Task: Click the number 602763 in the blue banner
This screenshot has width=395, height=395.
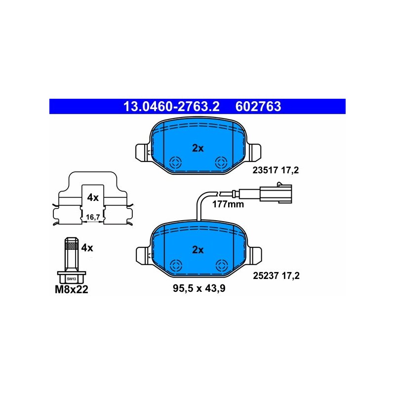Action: pyautogui.click(x=259, y=106)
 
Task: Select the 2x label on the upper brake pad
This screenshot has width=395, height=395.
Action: pyautogui.click(x=197, y=148)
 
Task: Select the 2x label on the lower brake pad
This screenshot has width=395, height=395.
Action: pyautogui.click(x=197, y=250)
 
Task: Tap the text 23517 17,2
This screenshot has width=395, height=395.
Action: pyautogui.click(x=276, y=171)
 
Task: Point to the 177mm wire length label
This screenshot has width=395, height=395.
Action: pyautogui.click(x=228, y=203)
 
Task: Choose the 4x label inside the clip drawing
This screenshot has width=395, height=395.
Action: pyautogui.click(x=93, y=197)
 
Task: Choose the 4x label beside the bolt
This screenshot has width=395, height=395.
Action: pyautogui.click(x=87, y=248)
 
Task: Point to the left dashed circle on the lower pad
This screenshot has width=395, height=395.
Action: pyautogui.click(x=175, y=265)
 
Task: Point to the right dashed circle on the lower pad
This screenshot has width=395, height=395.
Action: pyautogui.click(x=221, y=265)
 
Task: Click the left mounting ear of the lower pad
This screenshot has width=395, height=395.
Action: pyautogui.click(x=142, y=254)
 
